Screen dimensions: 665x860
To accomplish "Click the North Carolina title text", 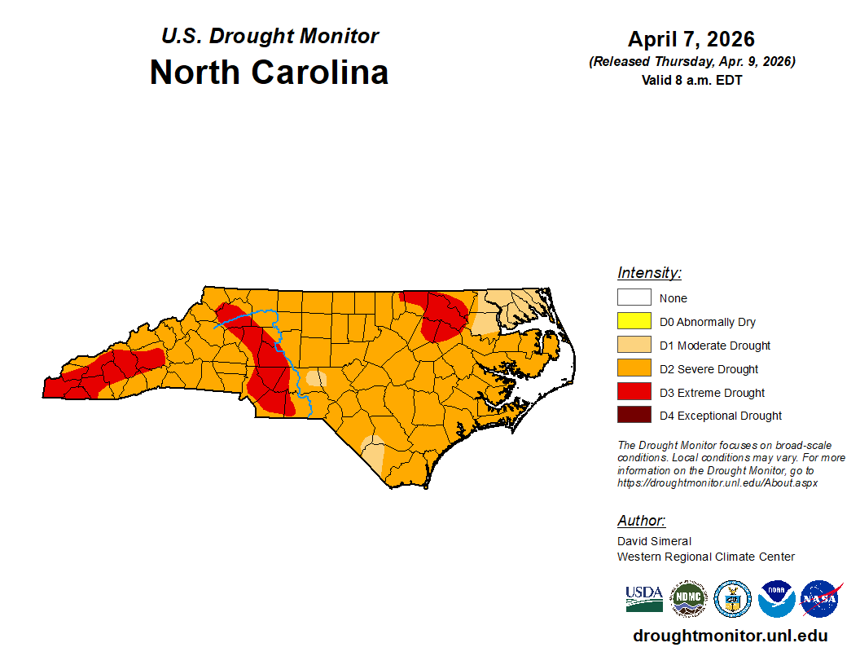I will [x=269, y=73].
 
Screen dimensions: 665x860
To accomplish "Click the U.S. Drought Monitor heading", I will [x=270, y=37].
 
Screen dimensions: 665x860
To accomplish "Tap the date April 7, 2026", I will [x=691, y=39].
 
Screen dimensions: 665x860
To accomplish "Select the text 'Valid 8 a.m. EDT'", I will [x=691, y=80].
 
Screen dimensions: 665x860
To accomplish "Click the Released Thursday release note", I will [x=691, y=62].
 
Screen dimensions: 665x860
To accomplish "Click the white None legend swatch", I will [x=634, y=298].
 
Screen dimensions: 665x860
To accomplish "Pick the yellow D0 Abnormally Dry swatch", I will [x=634, y=322].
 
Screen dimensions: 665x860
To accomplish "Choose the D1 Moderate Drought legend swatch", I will [x=634, y=346].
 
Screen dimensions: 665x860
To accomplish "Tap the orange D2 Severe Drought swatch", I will [x=634, y=369].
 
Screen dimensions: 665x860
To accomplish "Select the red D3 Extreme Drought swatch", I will [x=634, y=393].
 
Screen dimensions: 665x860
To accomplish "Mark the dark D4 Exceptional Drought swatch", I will [x=634, y=416].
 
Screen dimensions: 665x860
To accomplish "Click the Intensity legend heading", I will [x=649, y=273].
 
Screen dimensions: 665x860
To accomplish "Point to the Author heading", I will [x=641, y=521].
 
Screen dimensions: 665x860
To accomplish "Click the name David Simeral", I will [x=654, y=541].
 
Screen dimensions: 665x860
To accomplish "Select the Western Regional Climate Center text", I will [x=705, y=557].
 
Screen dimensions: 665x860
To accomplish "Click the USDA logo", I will [x=643, y=599].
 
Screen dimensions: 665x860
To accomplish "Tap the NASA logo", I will [x=820, y=599].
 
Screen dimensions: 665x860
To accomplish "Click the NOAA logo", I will [x=776, y=599].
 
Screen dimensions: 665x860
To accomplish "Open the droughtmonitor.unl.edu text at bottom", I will [x=730, y=636].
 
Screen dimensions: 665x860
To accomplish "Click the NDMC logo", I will [x=687, y=599].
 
